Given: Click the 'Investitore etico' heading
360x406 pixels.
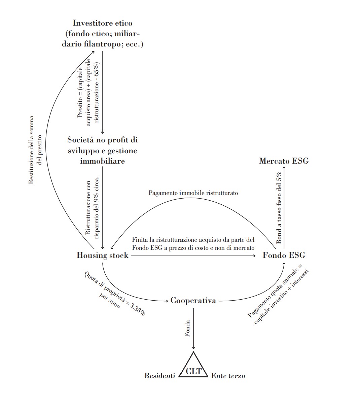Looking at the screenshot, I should point(102,23).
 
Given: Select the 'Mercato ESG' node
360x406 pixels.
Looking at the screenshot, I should point(284,161).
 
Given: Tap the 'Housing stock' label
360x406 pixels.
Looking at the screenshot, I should point(102,255).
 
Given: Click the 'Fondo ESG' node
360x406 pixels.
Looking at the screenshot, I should point(284,255).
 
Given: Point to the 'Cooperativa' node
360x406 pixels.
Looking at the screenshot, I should point(193,300).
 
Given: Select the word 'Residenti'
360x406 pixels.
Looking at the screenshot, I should point(159,376).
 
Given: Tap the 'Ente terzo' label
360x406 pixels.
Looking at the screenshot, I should point(228,376).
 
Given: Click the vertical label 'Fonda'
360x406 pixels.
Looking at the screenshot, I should point(187,328).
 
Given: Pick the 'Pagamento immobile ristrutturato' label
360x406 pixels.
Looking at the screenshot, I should point(193,193).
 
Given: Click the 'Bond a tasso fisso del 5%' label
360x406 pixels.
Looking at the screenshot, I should point(279,208).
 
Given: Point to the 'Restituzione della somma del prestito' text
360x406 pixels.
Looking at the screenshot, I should point(35,150).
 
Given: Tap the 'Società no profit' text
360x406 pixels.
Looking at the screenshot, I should point(102,140).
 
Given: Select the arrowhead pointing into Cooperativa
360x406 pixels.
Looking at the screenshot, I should point(166,301).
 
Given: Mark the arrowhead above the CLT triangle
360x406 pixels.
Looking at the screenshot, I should point(193,348).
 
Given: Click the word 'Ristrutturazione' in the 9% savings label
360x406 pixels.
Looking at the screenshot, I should point(88,208).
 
